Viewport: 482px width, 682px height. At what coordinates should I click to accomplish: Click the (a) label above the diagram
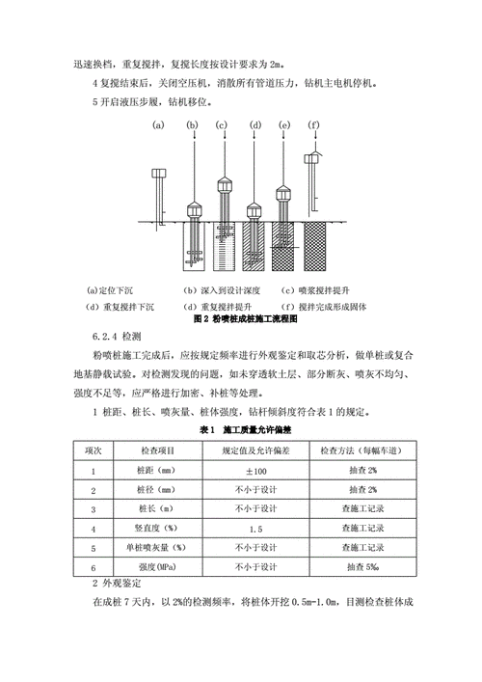tap(160, 125)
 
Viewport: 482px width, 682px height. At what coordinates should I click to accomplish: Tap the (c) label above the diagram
tap(221, 125)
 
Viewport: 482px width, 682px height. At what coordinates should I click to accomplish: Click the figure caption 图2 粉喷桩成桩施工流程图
tap(246, 316)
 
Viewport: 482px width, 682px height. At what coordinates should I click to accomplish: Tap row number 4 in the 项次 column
tap(94, 529)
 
